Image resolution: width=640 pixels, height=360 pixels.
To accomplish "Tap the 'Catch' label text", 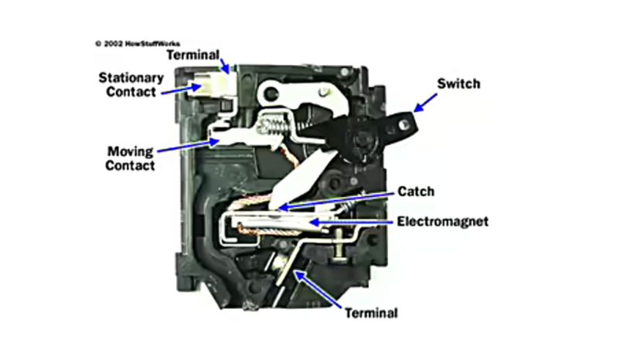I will click(415, 190).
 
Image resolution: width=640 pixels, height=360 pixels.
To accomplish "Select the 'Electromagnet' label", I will click(443, 221).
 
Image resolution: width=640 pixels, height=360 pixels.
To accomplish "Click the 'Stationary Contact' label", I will click(131, 84).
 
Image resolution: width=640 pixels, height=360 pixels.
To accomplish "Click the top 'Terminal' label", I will click(192, 56).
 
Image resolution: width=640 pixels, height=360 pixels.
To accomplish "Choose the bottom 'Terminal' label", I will click(372, 313).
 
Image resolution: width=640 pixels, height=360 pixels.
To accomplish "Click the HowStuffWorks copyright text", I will click(138, 44).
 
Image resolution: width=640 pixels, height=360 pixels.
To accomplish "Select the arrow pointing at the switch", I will click(428, 101).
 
